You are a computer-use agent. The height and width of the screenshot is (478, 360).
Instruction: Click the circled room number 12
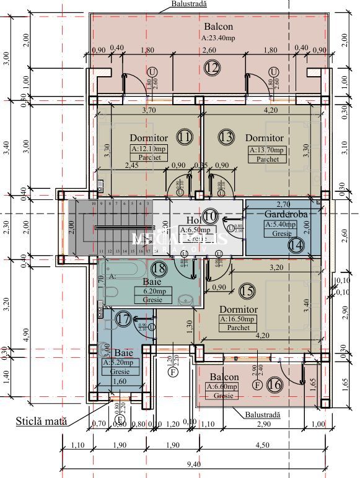(x=212, y=67)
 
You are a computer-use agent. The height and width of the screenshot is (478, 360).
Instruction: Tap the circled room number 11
(x=183, y=136)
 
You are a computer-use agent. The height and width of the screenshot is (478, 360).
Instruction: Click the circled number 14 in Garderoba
(x=296, y=243)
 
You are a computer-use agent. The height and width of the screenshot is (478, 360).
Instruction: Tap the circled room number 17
(x=123, y=319)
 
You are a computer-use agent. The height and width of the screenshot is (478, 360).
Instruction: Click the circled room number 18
(x=159, y=268)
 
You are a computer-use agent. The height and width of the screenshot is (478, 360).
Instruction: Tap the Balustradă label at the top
(x=189, y=4)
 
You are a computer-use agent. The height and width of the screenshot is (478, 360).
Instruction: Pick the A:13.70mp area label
(x=267, y=150)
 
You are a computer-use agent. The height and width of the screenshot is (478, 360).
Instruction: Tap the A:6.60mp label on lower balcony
(x=224, y=386)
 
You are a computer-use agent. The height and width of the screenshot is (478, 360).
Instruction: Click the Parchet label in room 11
(x=149, y=158)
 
